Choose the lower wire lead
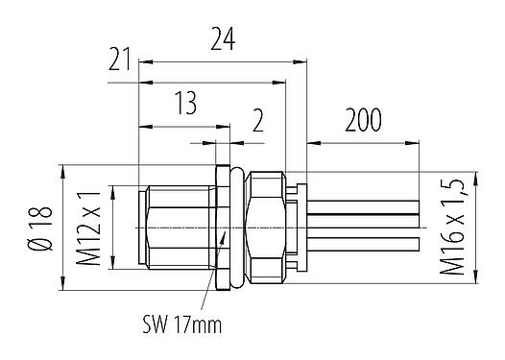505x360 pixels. point(365,240)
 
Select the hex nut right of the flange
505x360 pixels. point(263,226)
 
